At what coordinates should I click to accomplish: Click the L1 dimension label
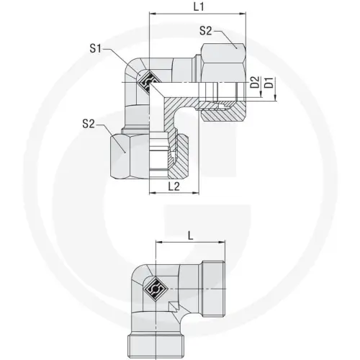point(200,7)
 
